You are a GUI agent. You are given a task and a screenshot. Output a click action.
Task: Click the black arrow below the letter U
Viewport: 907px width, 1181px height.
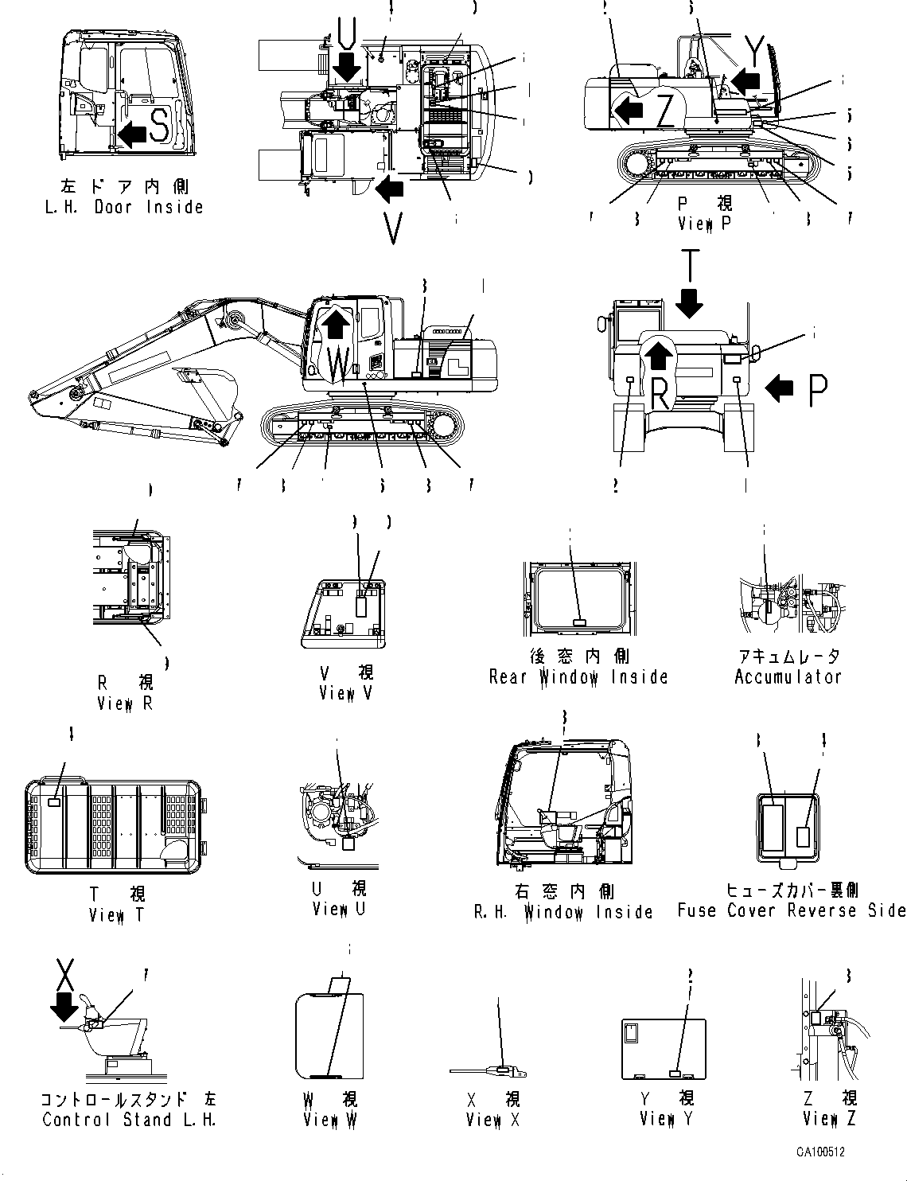click(348, 66)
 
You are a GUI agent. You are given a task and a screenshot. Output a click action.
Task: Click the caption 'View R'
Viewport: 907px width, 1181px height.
click(124, 704)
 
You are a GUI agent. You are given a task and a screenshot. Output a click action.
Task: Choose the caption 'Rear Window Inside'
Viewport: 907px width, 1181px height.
click(578, 677)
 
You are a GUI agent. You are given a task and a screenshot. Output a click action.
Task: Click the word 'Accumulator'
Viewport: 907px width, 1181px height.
click(788, 677)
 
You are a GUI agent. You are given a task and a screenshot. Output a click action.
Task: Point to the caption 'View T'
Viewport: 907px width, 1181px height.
click(117, 914)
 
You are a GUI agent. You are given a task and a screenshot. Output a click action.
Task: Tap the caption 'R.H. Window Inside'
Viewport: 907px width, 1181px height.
click(563, 912)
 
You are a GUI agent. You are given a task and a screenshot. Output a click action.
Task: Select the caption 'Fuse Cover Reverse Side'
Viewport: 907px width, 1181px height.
click(791, 910)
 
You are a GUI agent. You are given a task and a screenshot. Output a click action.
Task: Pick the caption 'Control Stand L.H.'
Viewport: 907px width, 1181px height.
click(129, 1120)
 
